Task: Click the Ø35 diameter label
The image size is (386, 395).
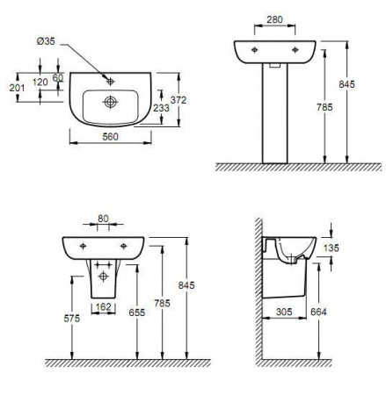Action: [46, 41]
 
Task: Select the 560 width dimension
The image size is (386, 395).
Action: [110, 137]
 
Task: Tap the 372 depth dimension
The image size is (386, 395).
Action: [178, 100]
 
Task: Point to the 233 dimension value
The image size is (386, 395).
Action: [161, 108]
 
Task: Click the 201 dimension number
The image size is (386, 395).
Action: [17, 88]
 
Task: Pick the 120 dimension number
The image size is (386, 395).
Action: [40, 82]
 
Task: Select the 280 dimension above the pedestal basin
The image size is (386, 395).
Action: [274, 19]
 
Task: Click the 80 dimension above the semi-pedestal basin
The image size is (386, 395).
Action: [103, 219]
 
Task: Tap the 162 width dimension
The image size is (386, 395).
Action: [104, 307]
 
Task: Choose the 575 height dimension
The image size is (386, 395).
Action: [72, 319]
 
